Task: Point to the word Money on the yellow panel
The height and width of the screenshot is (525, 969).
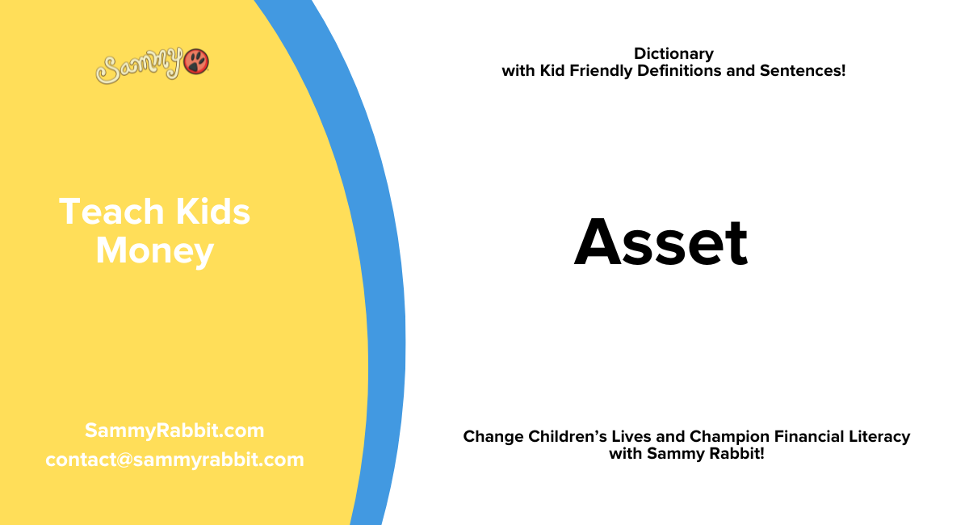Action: [154, 250]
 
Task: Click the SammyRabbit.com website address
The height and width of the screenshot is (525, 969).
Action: [174, 430]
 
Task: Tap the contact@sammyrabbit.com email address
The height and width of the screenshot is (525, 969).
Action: [174, 460]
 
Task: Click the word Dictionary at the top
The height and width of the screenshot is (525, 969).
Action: [673, 54]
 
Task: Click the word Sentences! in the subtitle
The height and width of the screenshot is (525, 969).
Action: [803, 71]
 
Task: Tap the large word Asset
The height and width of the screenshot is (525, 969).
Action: [661, 243]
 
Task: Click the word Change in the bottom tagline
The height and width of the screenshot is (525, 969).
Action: [493, 437]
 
